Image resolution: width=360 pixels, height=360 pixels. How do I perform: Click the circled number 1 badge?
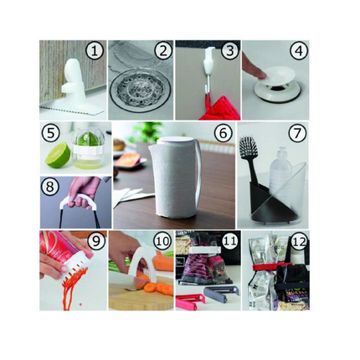(95, 52)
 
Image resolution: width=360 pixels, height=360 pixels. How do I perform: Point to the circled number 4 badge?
(298, 52)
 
